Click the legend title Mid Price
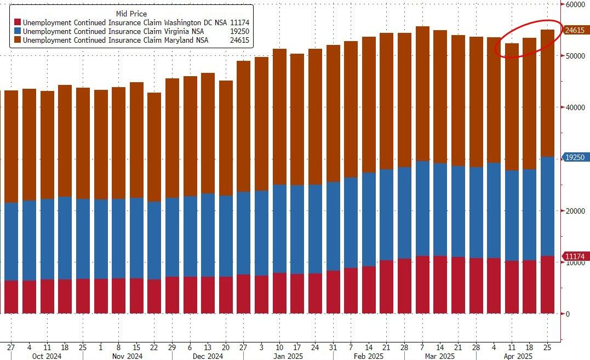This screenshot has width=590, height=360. [131, 13]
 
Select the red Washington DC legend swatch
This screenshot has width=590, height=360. [18, 22]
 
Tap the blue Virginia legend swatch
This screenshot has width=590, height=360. [18, 32]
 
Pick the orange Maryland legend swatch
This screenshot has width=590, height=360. [18, 41]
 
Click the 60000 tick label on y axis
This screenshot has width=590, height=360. [575, 4]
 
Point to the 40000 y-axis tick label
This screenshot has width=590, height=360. [575, 108]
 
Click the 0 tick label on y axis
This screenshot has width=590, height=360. [568, 314]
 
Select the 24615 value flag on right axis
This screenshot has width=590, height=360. [575, 31]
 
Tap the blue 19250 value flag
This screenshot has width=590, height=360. [575, 157]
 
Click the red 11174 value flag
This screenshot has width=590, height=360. [575, 256]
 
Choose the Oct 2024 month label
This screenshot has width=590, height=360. [47, 356]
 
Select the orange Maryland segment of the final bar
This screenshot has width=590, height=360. [547, 93]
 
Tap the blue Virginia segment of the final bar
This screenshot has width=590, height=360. [547, 206]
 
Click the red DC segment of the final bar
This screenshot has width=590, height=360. [547, 285]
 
